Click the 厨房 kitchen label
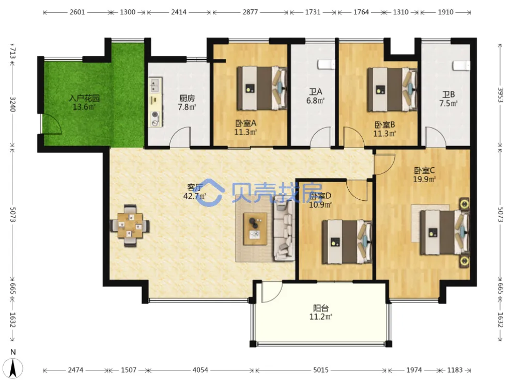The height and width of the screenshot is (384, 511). point(187,98)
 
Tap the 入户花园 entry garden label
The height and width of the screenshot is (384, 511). point(84,98)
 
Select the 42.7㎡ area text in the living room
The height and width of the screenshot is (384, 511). point(195,196)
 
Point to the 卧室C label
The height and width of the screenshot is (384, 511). point(424,170)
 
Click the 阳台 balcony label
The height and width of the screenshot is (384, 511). point(321,308)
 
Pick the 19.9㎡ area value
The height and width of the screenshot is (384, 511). point(424,179)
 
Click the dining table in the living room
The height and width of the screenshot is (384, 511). point(130,226)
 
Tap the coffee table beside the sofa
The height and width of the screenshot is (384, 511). point(255,229)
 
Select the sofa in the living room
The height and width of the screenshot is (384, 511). point(284,231)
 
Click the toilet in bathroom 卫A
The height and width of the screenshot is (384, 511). point(327,65)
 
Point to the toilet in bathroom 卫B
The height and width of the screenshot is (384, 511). point(461,66)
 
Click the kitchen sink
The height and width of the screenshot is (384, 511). point(155,85)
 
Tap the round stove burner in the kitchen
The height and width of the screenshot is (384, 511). point(156,115)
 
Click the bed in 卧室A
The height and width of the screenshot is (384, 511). point(262,88)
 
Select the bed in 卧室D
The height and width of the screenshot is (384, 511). point(347,242)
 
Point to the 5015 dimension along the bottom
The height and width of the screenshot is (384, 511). point(321,370)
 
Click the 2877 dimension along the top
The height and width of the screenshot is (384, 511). point(250,12)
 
